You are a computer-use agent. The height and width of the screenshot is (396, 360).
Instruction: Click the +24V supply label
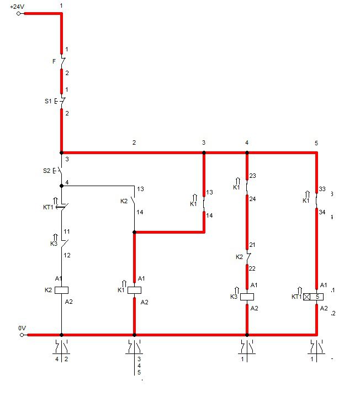point(17,7)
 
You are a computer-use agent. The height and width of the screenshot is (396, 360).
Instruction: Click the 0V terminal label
point(22,328)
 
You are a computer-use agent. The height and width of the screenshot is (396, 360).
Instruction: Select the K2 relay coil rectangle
point(62,290)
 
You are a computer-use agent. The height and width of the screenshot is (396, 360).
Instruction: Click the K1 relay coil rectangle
point(134,290)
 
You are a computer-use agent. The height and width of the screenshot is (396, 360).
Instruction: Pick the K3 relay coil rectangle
point(247,297)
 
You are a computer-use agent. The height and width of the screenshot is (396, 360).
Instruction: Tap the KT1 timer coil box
point(313,297)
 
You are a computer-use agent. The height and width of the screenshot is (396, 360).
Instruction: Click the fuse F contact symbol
point(62,61)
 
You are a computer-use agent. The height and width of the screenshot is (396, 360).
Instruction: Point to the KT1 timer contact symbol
point(62,207)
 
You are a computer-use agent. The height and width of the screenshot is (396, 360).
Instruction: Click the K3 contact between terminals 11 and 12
point(63,243)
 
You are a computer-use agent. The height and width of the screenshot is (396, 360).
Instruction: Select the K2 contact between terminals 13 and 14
point(133,201)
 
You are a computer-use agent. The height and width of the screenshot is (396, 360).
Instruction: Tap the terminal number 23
point(253,176)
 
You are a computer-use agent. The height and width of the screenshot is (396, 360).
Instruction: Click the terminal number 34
point(322,212)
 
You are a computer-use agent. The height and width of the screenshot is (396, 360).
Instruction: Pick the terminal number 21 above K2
point(252,245)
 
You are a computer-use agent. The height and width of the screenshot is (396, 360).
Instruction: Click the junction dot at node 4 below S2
point(62,186)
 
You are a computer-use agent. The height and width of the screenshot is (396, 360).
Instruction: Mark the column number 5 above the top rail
point(316,143)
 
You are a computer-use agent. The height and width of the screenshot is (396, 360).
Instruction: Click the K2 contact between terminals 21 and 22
point(248,257)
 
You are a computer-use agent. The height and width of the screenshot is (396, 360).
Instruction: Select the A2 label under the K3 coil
point(254,308)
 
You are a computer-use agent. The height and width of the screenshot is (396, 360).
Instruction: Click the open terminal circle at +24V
point(18,14)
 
